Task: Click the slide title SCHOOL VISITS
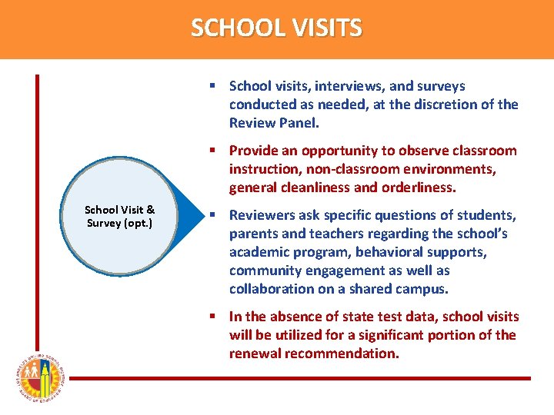(276, 28)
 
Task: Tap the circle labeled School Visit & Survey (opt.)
(119, 216)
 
